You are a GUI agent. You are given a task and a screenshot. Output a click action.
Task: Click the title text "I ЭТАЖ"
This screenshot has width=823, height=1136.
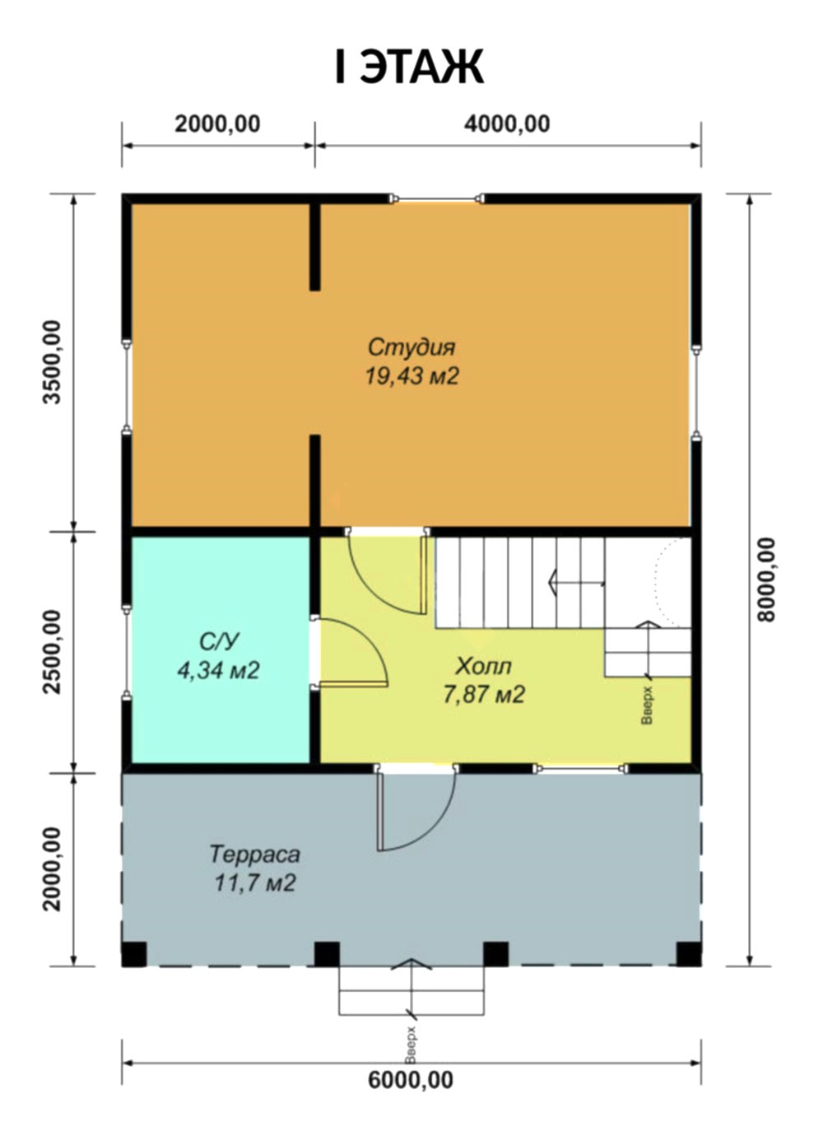(x=409, y=67)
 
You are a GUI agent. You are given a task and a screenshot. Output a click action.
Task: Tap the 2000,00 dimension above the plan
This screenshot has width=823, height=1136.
(x=217, y=124)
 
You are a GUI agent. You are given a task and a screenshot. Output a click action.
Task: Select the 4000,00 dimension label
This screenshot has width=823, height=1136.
(x=507, y=124)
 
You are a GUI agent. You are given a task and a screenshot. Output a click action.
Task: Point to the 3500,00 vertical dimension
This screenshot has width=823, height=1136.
(x=52, y=362)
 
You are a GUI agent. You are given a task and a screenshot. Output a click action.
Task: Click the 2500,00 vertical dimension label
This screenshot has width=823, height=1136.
(x=52, y=652)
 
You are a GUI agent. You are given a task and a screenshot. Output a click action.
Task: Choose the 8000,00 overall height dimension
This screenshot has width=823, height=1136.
(x=766, y=580)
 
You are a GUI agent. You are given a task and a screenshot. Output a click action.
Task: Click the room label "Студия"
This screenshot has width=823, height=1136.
(x=411, y=347)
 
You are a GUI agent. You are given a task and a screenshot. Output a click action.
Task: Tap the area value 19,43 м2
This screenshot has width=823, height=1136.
(x=411, y=376)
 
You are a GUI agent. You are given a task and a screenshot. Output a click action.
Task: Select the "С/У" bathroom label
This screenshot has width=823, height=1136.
(x=219, y=642)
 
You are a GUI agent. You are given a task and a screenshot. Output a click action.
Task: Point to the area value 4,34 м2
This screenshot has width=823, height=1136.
(x=219, y=670)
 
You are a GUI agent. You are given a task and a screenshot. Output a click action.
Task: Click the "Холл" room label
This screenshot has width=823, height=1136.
(x=483, y=667)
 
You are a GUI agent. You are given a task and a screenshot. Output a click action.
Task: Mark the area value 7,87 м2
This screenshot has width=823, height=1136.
(x=484, y=694)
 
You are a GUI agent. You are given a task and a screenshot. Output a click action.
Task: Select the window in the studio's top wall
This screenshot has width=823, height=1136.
(x=438, y=198)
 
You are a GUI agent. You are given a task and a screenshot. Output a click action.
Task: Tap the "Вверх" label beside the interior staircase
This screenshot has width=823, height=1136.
(x=647, y=705)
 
